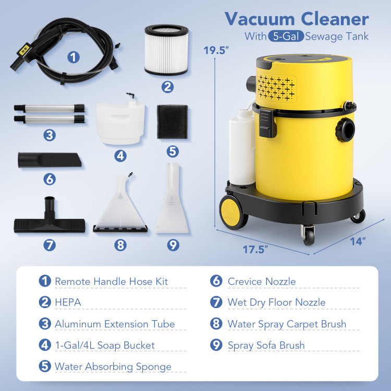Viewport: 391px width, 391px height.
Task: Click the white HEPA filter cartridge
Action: (x=167, y=51)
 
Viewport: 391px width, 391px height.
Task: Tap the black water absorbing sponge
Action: (x=173, y=121)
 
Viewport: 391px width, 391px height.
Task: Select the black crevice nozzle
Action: (x=50, y=160)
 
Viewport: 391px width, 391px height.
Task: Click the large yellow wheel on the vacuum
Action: (x=233, y=212)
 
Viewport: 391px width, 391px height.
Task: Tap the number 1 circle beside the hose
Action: (x=74, y=57)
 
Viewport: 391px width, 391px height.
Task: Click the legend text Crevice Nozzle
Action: (x=261, y=282)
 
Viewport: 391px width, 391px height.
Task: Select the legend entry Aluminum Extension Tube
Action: (x=115, y=324)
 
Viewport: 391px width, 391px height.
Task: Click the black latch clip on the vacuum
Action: (x=267, y=122)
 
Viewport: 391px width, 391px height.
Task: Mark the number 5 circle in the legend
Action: (x=45, y=366)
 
